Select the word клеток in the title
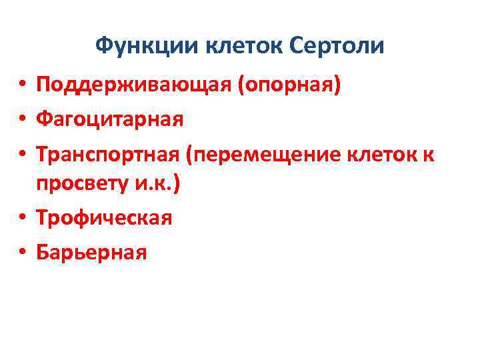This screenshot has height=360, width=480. (x=246, y=45)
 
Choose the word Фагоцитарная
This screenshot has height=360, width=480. (x=109, y=120)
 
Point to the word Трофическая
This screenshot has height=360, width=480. (x=105, y=218)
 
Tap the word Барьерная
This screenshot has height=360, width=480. (x=92, y=252)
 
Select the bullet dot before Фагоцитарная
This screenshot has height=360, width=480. (x=22, y=121)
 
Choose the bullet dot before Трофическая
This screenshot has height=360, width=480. (x=22, y=219)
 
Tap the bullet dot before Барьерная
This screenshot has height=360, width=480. (x=22, y=253)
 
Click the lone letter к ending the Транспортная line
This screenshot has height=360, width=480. (x=429, y=155)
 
